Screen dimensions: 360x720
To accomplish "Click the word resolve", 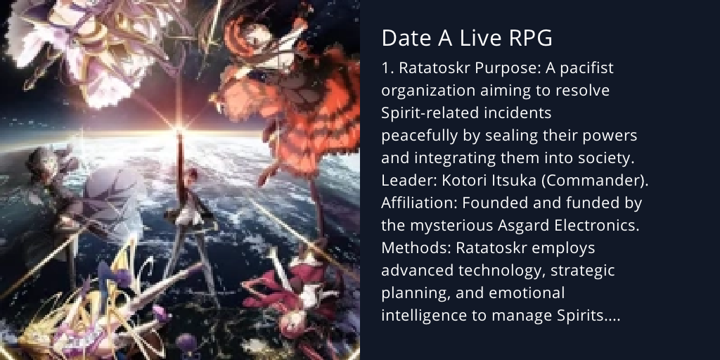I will (583, 91).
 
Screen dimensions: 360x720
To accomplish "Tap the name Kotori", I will (464, 181).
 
